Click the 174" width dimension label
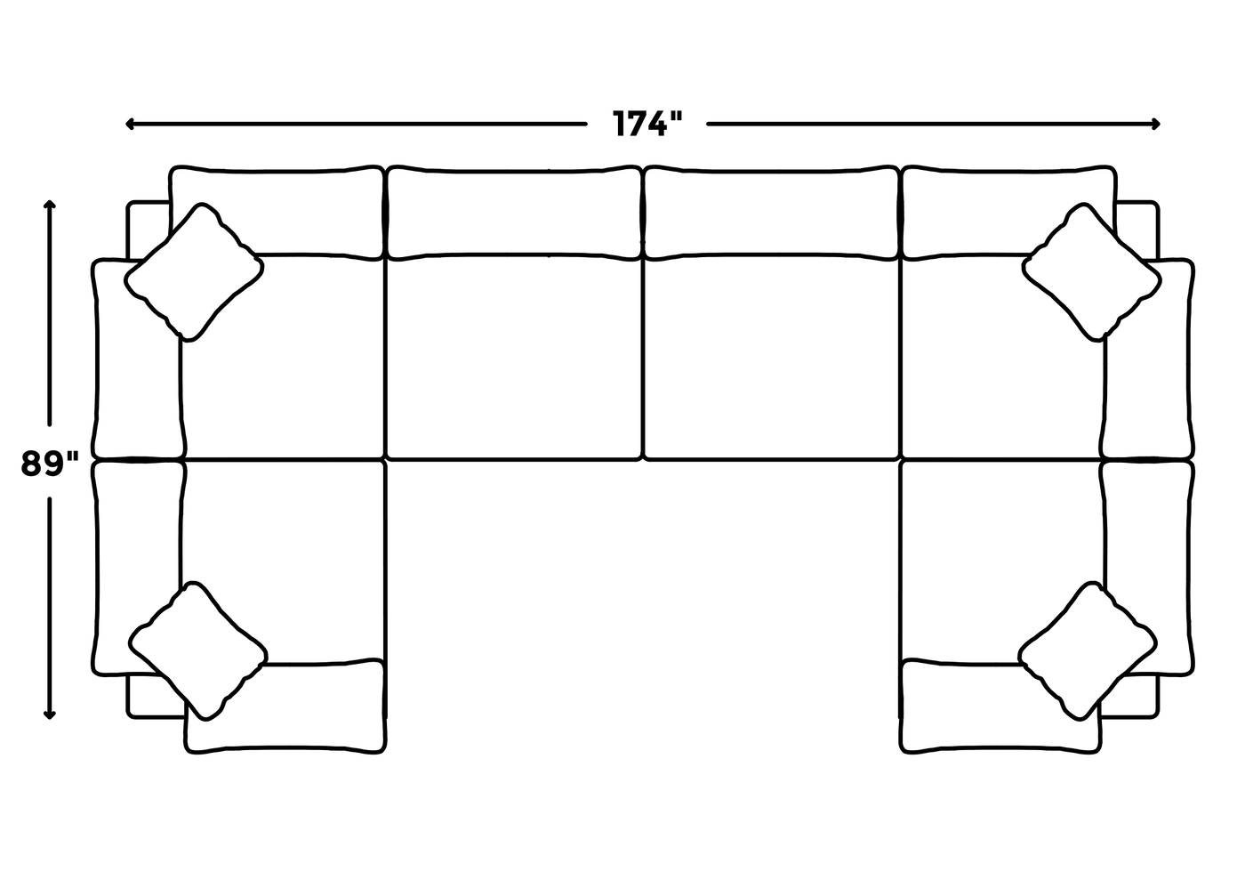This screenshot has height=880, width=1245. point(647,124)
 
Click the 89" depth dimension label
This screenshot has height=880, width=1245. point(50,464)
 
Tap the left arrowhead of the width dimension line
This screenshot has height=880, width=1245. point(131,124)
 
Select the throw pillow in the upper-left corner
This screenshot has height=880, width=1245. point(194,272)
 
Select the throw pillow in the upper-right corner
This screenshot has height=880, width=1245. point(1092,272)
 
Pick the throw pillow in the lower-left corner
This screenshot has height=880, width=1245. point(197,650)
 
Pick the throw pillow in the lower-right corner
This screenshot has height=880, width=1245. point(1088,650)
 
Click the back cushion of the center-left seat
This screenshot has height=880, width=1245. point(513,212)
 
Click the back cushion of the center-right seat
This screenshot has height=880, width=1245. point(770,212)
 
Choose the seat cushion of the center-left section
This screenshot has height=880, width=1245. point(513,358)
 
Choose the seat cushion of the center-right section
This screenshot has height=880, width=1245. point(770,358)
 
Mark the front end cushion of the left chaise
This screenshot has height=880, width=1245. point(286,707)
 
